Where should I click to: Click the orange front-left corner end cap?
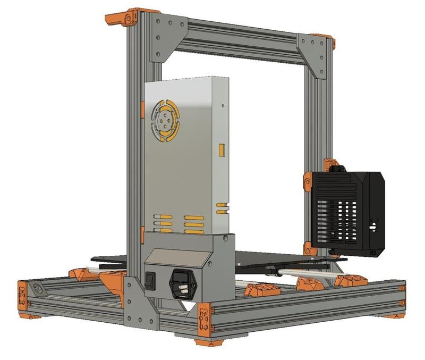[x=23, y=298]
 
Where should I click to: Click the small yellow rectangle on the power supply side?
[x=222, y=150]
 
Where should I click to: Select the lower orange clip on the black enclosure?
[x=308, y=247]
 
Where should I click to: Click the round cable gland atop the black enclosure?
[x=336, y=168]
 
